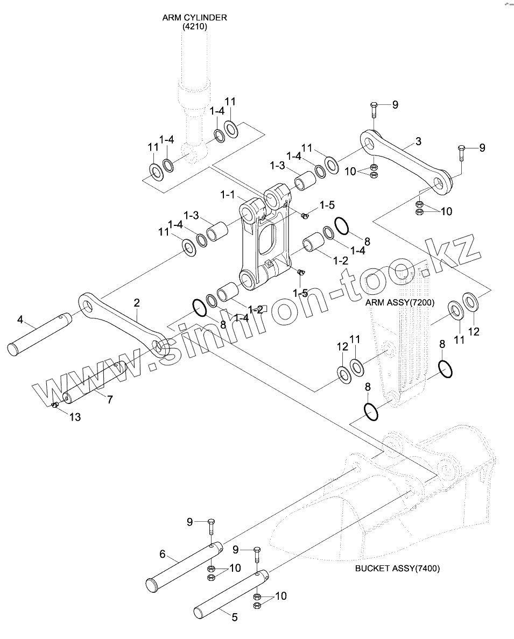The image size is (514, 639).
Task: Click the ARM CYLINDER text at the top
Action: point(194,18)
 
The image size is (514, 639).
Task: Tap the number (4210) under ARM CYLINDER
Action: point(194,26)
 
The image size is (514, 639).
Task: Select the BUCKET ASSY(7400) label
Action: point(397,568)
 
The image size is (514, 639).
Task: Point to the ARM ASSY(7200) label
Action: point(400,303)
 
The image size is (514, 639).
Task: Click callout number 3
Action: point(418,142)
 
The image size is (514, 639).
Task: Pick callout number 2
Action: point(137,303)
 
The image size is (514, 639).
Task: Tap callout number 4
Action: point(20,320)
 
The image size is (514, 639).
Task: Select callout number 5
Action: point(235,617)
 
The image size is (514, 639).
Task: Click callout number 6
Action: point(163,554)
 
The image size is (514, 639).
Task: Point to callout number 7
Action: point(110,399)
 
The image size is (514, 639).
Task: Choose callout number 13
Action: point(75,417)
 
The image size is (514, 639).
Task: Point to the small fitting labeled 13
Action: point(55,404)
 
